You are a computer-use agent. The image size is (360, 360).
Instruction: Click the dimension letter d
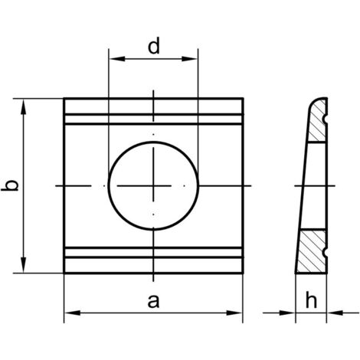tap(154, 46)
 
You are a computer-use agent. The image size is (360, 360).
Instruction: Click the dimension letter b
tap(10, 185)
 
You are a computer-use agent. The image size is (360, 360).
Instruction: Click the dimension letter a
tap(153, 301)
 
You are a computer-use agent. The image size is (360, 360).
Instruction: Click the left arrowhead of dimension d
tap(117, 59)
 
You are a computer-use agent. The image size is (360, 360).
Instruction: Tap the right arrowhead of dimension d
tap(190, 59)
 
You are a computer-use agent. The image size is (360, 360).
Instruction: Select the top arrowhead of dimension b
tap(24, 106)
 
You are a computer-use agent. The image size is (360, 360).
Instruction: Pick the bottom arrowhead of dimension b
tap(24, 265)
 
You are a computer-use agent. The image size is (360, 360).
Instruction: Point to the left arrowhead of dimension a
tap(72, 313)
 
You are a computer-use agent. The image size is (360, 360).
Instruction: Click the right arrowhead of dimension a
tap(234, 313)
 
